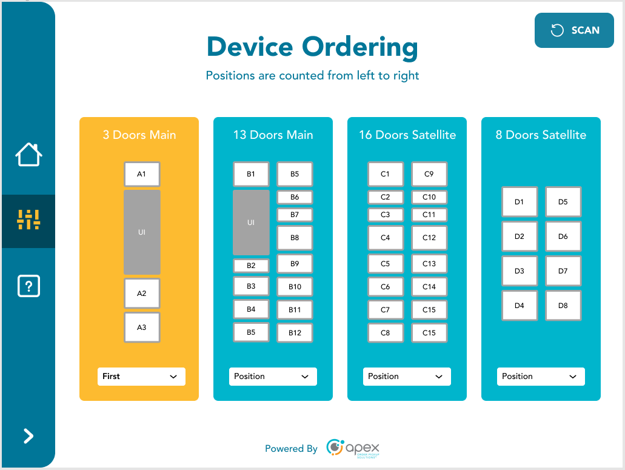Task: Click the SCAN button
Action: (x=574, y=30)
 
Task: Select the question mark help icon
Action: (x=28, y=286)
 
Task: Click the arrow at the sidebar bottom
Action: (x=28, y=436)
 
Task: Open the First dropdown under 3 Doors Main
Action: (x=141, y=377)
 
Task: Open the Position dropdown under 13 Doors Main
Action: (x=273, y=377)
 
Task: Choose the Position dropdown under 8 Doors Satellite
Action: (x=541, y=377)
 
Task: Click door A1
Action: (x=142, y=174)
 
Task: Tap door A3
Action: (x=142, y=327)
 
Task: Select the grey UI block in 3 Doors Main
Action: (x=142, y=232)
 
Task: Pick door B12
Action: (x=295, y=333)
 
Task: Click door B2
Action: (x=251, y=266)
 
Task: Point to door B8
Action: (x=295, y=238)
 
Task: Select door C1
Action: (x=385, y=174)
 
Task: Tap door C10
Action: (x=429, y=197)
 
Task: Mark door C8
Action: (x=385, y=333)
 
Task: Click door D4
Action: (x=519, y=306)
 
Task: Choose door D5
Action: (x=563, y=202)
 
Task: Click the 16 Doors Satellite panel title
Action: (x=407, y=135)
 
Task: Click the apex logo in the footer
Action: (x=353, y=448)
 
